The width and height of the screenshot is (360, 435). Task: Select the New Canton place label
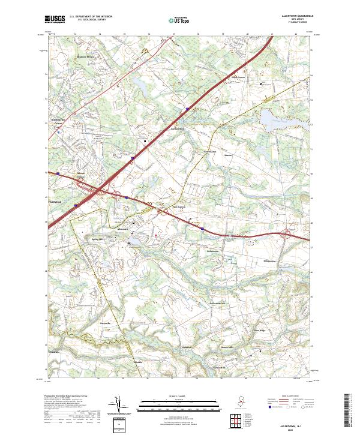click(x=181, y=206)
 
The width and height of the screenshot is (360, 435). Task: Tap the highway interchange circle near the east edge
click(x=287, y=234)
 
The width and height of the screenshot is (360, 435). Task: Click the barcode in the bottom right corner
click(x=350, y=413)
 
